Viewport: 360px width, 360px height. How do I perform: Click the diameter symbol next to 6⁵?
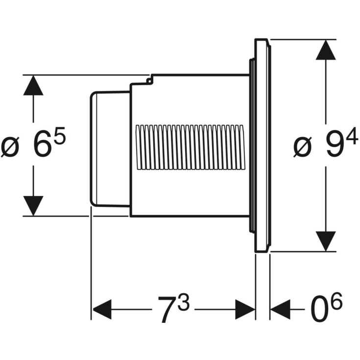[x=11, y=146]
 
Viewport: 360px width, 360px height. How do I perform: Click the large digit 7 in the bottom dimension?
[x=167, y=310]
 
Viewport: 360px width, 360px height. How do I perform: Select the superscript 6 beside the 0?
[x=336, y=302]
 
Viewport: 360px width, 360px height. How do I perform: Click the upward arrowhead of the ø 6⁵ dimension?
[x=33, y=85]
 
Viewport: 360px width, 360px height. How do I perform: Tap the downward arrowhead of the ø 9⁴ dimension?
[x=326, y=241]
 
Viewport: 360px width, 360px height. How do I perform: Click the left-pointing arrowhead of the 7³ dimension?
[x=101, y=310]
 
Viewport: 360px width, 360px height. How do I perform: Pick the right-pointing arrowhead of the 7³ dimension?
[x=245, y=310]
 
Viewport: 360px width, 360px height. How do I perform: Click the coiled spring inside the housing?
[x=189, y=147]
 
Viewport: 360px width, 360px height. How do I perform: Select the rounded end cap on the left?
[x=109, y=149]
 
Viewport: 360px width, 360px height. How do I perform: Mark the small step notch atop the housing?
[x=149, y=78]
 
